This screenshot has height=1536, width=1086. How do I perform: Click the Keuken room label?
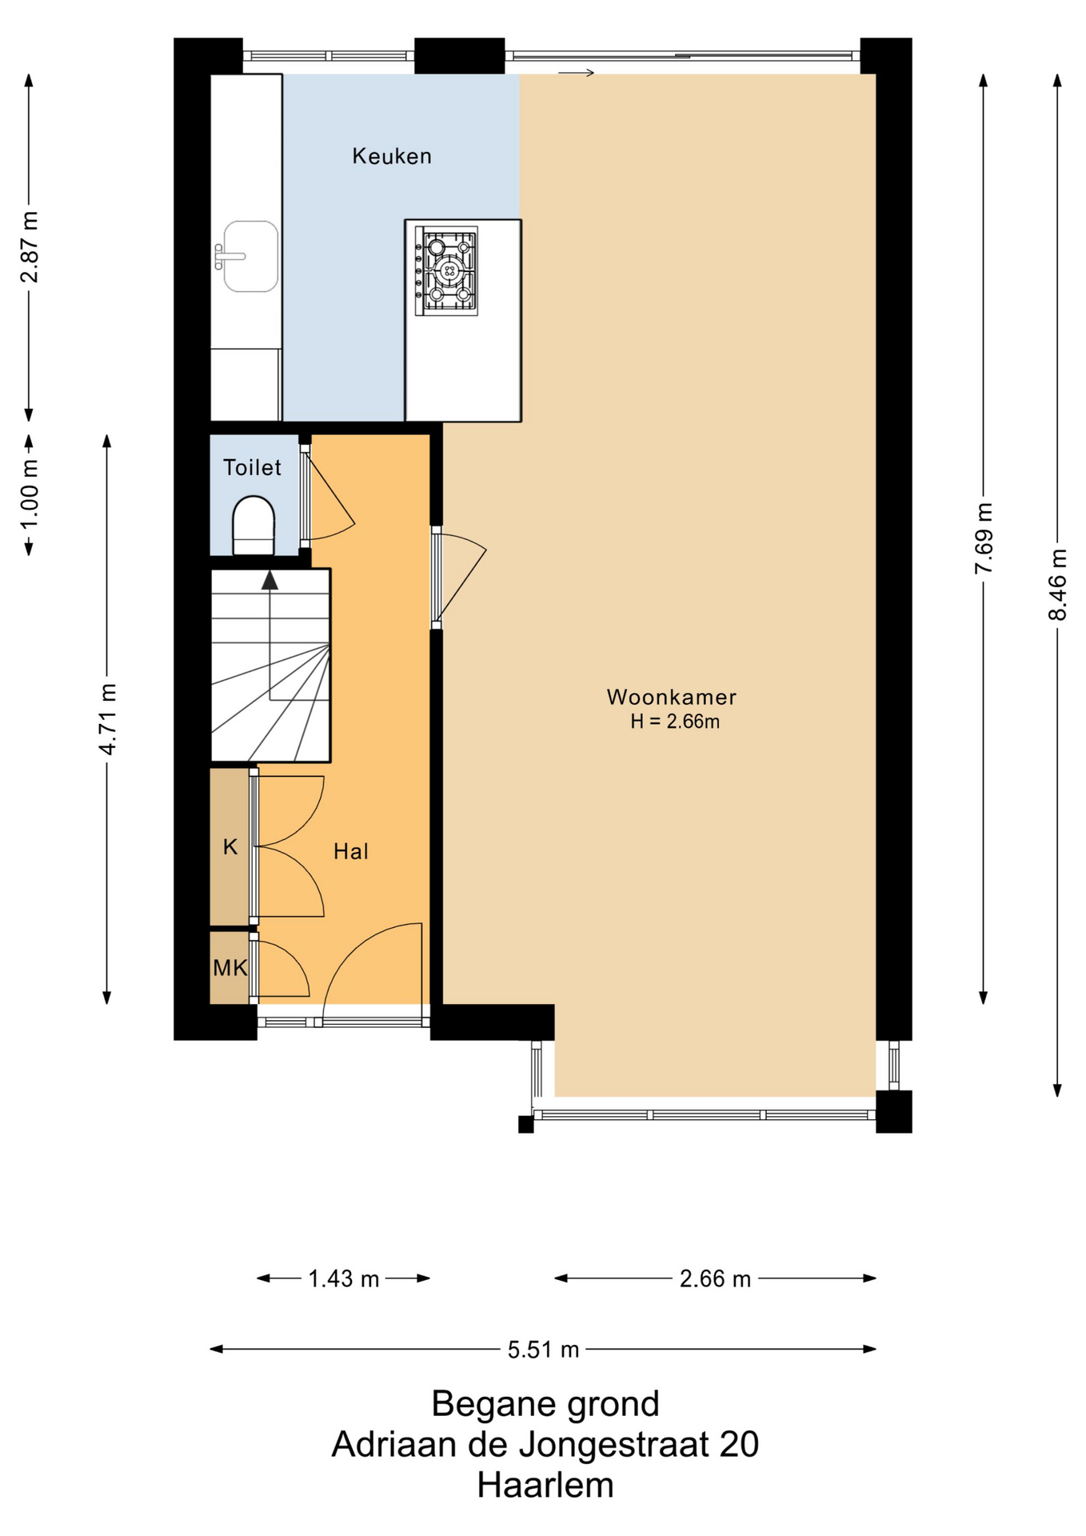click(x=392, y=156)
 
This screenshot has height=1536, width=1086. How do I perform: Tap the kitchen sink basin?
click(x=251, y=256)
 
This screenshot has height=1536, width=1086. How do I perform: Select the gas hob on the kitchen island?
click(x=446, y=270)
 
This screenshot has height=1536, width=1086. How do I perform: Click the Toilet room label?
click(x=252, y=467)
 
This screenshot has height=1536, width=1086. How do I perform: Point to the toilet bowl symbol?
click(x=254, y=526)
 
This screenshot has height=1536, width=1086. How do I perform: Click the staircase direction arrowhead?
click(x=270, y=580)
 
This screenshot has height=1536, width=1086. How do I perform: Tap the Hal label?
click(x=351, y=851)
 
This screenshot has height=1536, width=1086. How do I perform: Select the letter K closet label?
click(x=230, y=846)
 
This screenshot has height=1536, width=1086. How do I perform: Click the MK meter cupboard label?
click(x=230, y=968)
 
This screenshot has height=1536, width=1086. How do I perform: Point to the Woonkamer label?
click(x=672, y=697)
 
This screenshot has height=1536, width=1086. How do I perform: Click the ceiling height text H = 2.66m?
click(x=675, y=722)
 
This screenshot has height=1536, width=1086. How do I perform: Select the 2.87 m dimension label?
click(x=30, y=247)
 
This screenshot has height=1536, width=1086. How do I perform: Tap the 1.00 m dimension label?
click(x=30, y=494)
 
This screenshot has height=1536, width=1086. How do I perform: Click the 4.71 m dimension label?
click(x=107, y=718)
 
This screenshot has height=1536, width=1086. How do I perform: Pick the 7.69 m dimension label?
click(x=984, y=538)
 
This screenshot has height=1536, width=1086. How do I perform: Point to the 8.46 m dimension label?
click(x=1057, y=584)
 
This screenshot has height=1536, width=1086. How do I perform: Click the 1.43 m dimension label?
click(x=344, y=1278)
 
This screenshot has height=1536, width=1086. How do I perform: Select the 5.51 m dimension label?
click(x=544, y=1350)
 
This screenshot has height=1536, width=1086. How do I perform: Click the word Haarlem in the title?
click(x=545, y=1486)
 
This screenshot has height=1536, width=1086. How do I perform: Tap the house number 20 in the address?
click(x=739, y=1445)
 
